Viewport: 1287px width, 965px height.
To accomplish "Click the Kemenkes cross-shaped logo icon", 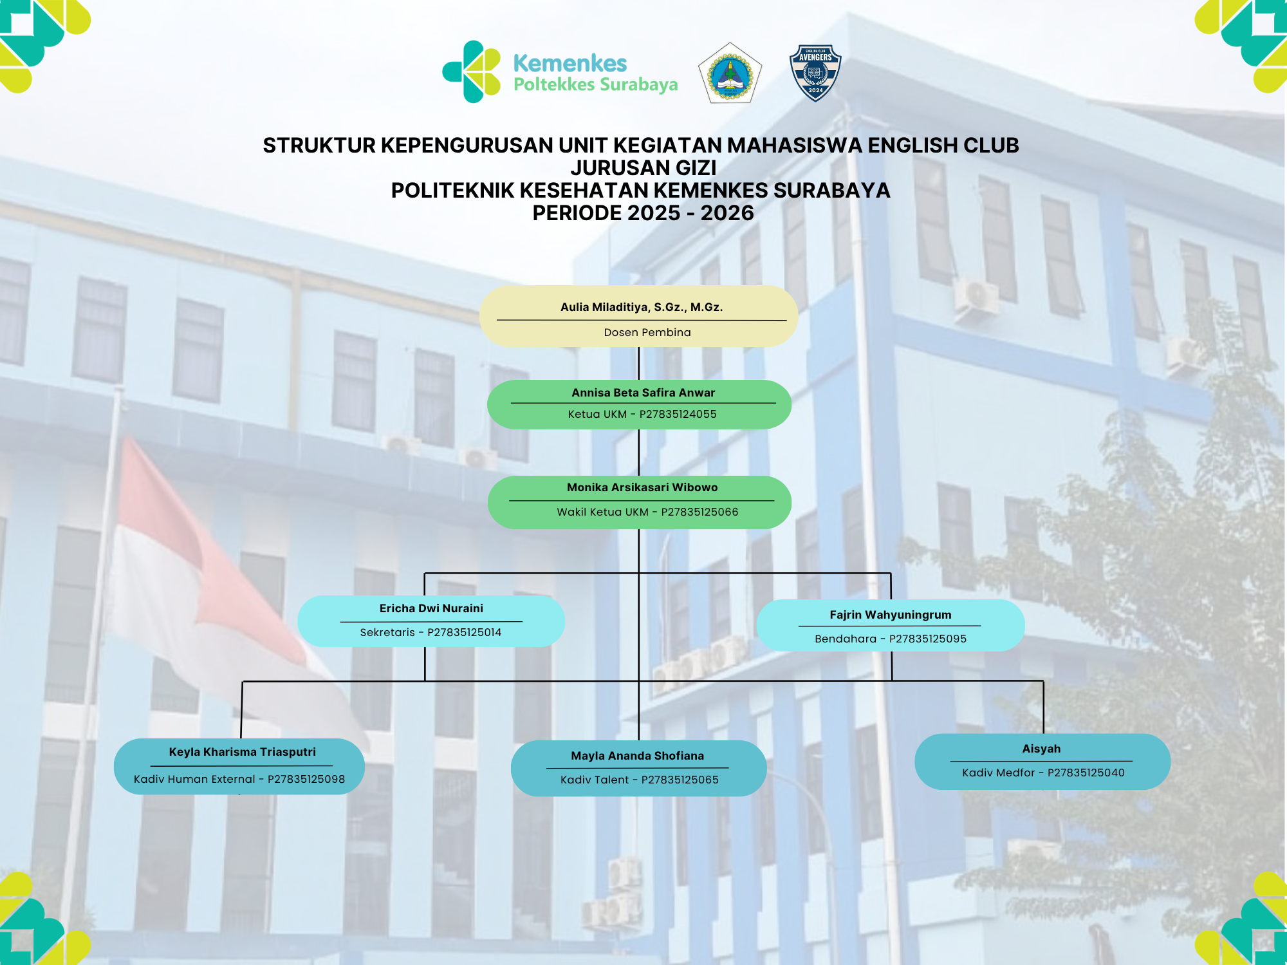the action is pyautogui.click(x=472, y=71).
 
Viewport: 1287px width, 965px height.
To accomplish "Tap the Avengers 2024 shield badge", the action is pyautogui.click(x=815, y=73).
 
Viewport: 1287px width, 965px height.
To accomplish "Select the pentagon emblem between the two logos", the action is pyautogui.click(x=730, y=73).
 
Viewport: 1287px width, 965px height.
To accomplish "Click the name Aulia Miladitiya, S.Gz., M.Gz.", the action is pyautogui.click(x=642, y=307).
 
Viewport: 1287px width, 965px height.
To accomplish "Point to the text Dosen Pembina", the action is pyautogui.click(x=647, y=332).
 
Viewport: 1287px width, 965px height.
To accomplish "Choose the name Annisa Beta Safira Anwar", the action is pyautogui.click(x=643, y=393).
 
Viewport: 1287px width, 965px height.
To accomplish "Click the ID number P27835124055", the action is pyautogui.click(x=678, y=414).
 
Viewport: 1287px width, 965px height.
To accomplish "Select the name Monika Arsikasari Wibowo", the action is pyautogui.click(x=642, y=487).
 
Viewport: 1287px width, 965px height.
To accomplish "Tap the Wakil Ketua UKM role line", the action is pyautogui.click(x=647, y=512).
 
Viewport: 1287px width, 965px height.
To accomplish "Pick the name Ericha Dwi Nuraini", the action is pyautogui.click(x=431, y=608).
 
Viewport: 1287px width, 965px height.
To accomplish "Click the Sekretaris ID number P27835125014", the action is pyautogui.click(x=465, y=632).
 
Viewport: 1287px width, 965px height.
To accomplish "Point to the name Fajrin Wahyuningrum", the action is pyautogui.click(x=891, y=615).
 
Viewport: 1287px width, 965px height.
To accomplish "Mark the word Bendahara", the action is pyautogui.click(x=846, y=639).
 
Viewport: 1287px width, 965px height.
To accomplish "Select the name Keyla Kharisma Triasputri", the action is pyautogui.click(x=243, y=752).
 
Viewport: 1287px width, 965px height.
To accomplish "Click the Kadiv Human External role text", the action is pyautogui.click(x=194, y=779).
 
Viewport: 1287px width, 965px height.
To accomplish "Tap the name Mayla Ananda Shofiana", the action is pyautogui.click(x=637, y=756).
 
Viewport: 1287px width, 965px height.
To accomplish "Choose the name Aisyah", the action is pyautogui.click(x=1041, y=749).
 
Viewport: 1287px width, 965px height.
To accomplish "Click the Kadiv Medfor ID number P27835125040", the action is pyautogui.click(x=1086, y=773).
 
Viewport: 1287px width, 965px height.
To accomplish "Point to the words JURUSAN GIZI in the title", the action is pyautogui.click(x=643, y=168).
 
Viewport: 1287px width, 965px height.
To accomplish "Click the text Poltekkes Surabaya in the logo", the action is pyautogui.click(x=596, y=85).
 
